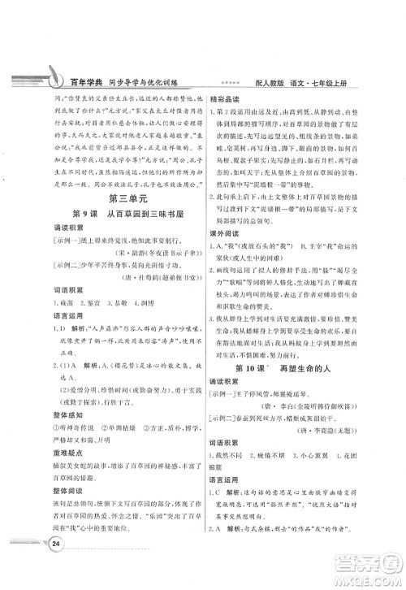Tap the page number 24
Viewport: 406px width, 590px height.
pyautogui.click(x=57, y=566)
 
